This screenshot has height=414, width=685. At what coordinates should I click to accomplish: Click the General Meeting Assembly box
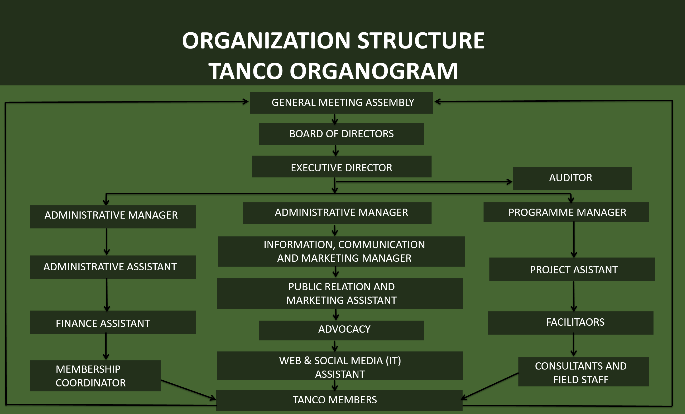[341, 103]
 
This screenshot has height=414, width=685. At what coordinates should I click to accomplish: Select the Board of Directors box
[341, 134]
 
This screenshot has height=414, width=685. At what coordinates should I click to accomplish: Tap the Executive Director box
[341, 166]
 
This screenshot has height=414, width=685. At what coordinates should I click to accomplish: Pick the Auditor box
[572, 178]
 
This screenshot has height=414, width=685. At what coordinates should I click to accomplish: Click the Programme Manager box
[566, 212]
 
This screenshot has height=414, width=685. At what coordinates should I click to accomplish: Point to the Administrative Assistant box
[113, 267]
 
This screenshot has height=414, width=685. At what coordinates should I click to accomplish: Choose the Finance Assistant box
[113, 322]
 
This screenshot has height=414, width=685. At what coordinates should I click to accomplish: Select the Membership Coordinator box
[96, 376]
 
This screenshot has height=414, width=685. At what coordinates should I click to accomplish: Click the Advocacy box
[341, 330]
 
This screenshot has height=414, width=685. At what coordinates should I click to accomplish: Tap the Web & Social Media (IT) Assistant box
[340, 366]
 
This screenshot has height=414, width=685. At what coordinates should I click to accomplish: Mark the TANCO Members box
[339, 400]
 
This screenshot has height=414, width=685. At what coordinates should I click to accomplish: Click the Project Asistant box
[572, 269]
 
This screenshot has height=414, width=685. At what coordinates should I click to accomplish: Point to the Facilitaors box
[571, 323]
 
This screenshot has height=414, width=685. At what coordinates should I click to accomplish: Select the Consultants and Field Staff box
[584, 372]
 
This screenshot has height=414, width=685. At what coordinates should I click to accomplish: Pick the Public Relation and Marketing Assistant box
[340, 293]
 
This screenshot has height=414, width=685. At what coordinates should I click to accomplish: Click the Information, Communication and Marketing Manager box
[341, 251]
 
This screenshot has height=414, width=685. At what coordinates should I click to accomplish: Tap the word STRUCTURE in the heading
[421, 41]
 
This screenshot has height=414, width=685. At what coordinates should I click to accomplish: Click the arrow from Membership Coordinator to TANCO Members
[188, 390]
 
